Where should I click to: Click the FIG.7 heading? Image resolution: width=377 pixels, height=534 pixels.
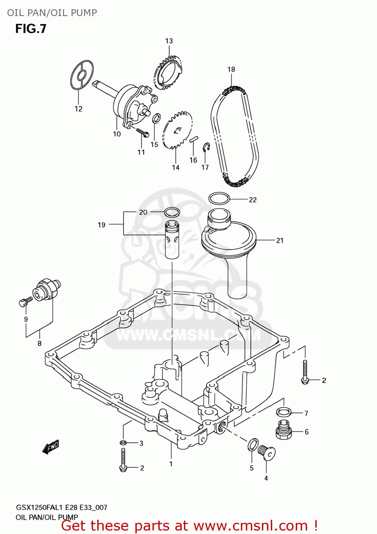[31, 29]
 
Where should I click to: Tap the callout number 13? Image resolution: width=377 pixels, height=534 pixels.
[169, 41]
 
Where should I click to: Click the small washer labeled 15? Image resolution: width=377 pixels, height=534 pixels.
[156, 118]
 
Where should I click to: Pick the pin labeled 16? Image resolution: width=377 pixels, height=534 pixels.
[193, 139]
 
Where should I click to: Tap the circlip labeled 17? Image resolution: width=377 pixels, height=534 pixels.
[206, 147]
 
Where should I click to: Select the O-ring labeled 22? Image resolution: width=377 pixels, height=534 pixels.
[219, 199]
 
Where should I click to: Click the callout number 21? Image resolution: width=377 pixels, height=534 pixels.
[280, 241]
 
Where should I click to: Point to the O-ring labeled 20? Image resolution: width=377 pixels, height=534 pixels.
[172, 213]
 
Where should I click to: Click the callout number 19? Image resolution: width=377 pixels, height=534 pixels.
[102, 225]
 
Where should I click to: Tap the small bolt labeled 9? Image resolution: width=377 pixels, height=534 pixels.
[25, 302]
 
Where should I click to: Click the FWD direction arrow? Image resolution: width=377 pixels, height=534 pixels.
[51, 447]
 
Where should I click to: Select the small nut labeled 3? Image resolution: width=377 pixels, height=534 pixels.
[123, 443]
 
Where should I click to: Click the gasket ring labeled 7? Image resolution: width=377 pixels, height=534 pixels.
[284, 412]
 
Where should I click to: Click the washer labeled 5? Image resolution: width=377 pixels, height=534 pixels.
[253, 444]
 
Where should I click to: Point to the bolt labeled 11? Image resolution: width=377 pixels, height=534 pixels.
[143, 133]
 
